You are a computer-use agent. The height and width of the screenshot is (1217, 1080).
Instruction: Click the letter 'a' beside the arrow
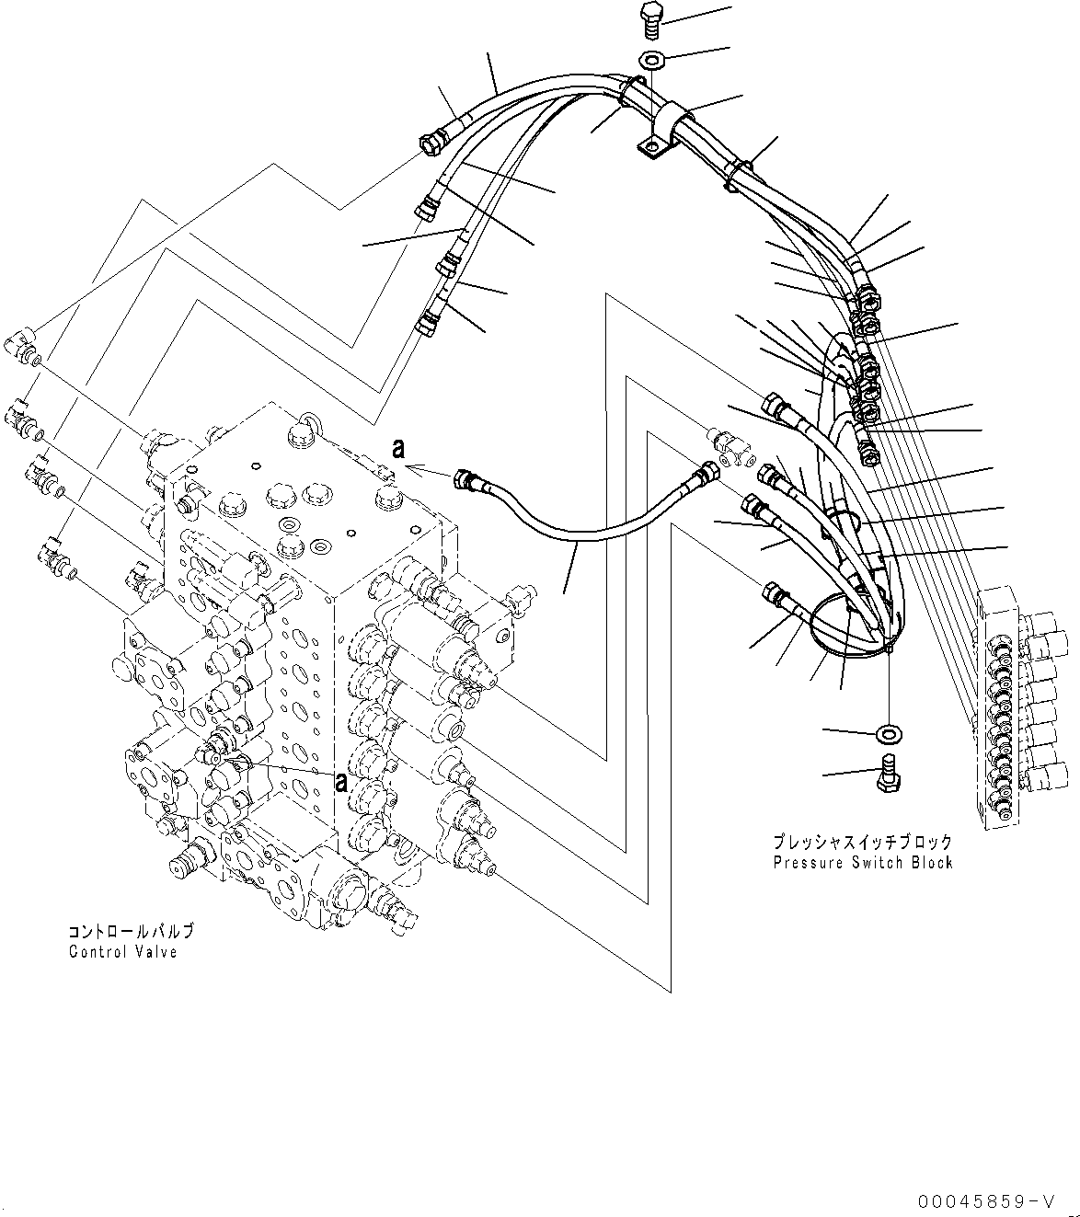(397, 449)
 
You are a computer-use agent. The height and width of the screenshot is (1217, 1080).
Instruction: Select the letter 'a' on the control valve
(339, 783)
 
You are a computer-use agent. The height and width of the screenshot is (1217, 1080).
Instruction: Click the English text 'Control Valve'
(122, 951)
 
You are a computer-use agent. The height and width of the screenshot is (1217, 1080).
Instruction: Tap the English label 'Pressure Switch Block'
(862, 862)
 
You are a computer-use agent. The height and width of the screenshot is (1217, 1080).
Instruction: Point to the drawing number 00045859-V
(985, 1201)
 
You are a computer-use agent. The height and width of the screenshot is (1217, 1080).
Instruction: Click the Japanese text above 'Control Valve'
(130, 932)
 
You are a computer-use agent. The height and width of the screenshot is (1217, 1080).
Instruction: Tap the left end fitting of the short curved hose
(466, 480)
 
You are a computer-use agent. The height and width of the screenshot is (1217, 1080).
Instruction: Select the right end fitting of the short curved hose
(707, 473)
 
